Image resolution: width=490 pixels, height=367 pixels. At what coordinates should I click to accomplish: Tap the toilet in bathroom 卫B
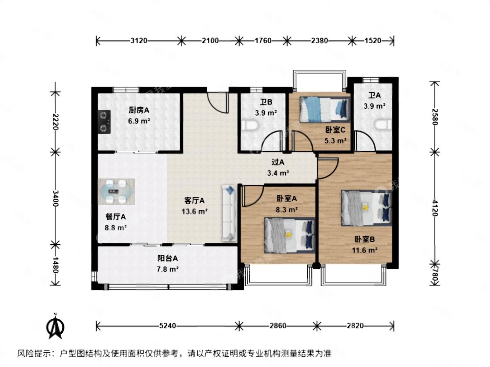pos(250,126)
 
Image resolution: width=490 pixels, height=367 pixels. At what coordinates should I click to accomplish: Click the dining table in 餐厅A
pos(116,192)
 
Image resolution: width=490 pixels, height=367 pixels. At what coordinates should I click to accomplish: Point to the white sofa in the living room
pos(229,213)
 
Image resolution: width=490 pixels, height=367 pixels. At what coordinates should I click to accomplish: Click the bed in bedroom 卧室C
pos(325,109)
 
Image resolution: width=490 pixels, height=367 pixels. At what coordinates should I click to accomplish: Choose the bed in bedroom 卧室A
pos(289,235)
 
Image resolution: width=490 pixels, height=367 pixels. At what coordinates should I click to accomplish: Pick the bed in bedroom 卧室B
pos(366,208)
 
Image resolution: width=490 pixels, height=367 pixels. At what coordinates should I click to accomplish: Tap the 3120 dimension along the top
pos(139,40)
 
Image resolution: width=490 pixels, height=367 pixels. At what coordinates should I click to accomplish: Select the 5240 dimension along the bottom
pos(167,326)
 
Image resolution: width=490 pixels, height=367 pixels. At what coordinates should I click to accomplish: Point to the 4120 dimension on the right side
pos(434,208)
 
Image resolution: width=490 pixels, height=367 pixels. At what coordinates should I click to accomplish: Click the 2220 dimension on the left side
pos(56,122)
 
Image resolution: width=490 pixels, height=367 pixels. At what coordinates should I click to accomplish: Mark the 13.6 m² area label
pos(194,211)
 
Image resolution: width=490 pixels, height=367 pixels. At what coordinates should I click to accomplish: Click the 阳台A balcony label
pos(167,258)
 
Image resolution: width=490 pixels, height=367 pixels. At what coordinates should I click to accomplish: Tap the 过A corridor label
pos(278,162)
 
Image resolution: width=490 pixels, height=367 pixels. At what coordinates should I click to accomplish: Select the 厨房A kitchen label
pos(139,110)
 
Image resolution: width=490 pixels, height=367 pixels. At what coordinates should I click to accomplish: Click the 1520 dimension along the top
pos(373,40)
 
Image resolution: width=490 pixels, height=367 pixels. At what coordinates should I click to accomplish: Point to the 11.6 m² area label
pos(365,250)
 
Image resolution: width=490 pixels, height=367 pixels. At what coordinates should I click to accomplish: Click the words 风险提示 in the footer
pos(34,353)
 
